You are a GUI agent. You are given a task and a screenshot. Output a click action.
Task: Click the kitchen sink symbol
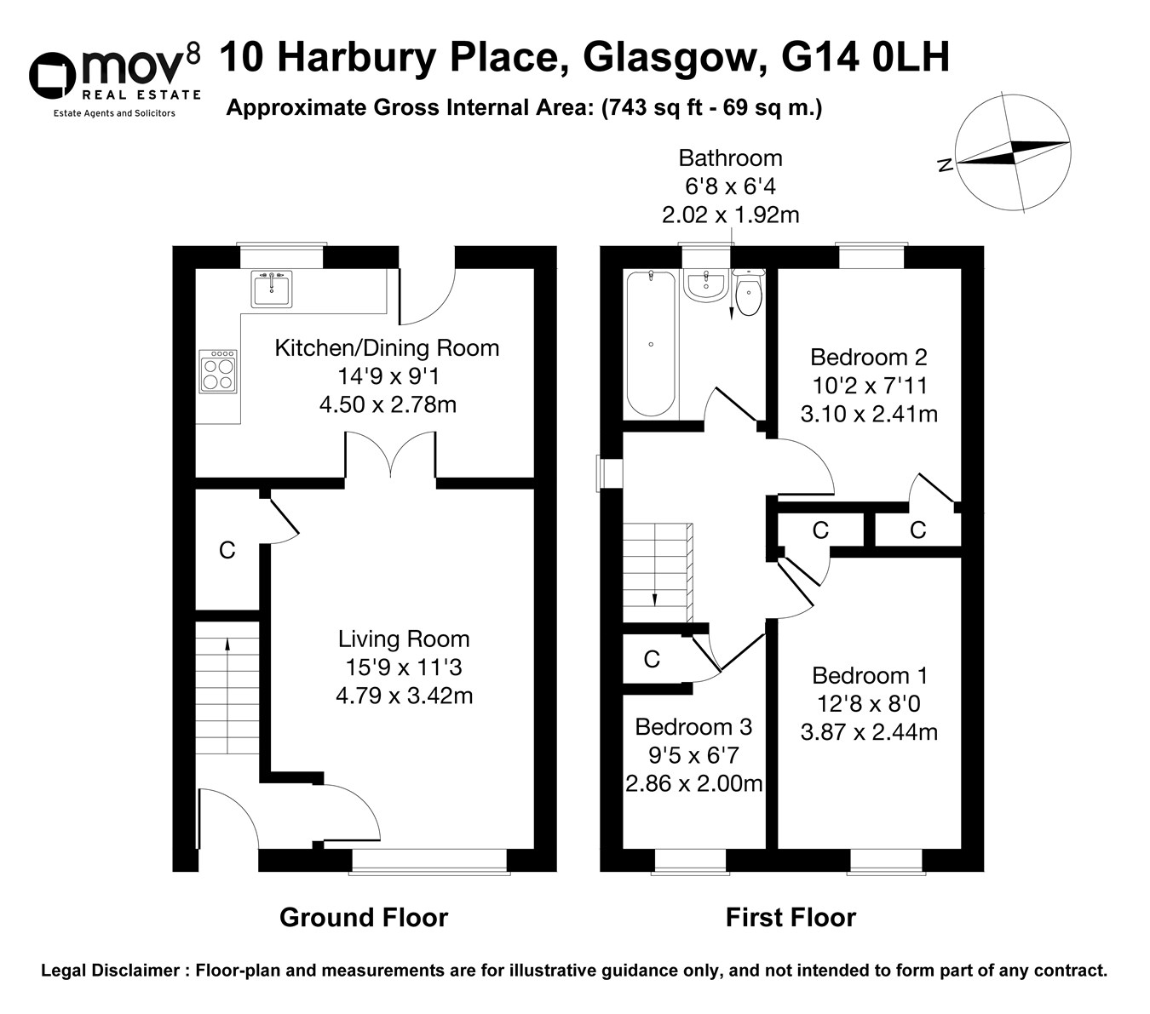click(x=271, y=289)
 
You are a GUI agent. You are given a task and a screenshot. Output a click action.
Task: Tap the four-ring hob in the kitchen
click(x=217, y=372)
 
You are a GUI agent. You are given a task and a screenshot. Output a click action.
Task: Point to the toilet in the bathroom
click(x=747, y=294)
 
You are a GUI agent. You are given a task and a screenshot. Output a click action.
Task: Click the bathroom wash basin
click(x=704, y=284)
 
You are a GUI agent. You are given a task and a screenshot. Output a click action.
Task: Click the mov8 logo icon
click(x=53, y=76)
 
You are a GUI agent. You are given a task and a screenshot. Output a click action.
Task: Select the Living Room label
click(x=404, y=639)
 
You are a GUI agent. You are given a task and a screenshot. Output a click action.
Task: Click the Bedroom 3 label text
click(x=693, y=727)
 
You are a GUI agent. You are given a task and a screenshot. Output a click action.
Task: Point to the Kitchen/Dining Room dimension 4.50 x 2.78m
click(x=388, y=404)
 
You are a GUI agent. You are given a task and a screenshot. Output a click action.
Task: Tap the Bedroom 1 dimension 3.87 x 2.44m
click(x=869, y=732)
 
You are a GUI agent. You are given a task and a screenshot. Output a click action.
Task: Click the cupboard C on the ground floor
click(x=227, y=551)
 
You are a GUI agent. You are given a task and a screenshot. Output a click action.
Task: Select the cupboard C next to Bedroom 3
click(x=652, y=659)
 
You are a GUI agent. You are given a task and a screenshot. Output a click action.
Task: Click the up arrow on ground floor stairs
click(x=227, y=644)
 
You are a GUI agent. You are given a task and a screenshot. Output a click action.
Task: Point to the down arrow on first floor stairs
click(x=654, y=599)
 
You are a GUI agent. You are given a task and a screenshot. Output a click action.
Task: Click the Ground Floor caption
click(x=364, y=918)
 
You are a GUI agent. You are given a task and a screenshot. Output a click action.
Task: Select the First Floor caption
click(x=791, y=918)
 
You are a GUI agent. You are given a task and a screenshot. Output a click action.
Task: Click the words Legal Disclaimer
click(x=106, y=971)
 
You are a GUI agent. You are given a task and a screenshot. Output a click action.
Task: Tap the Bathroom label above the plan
click(x=730, y=158)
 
